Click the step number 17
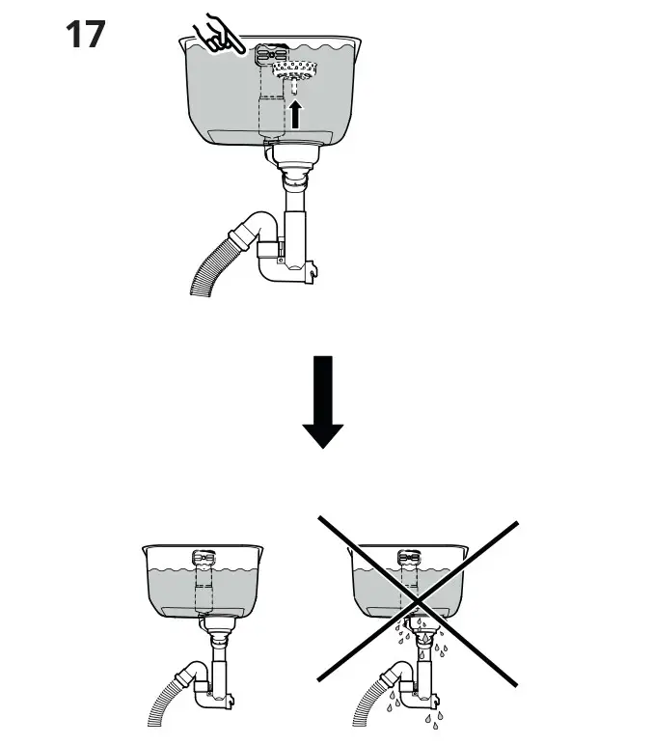(86, 35)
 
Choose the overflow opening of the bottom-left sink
(204, 557)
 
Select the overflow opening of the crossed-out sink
(410, 557)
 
